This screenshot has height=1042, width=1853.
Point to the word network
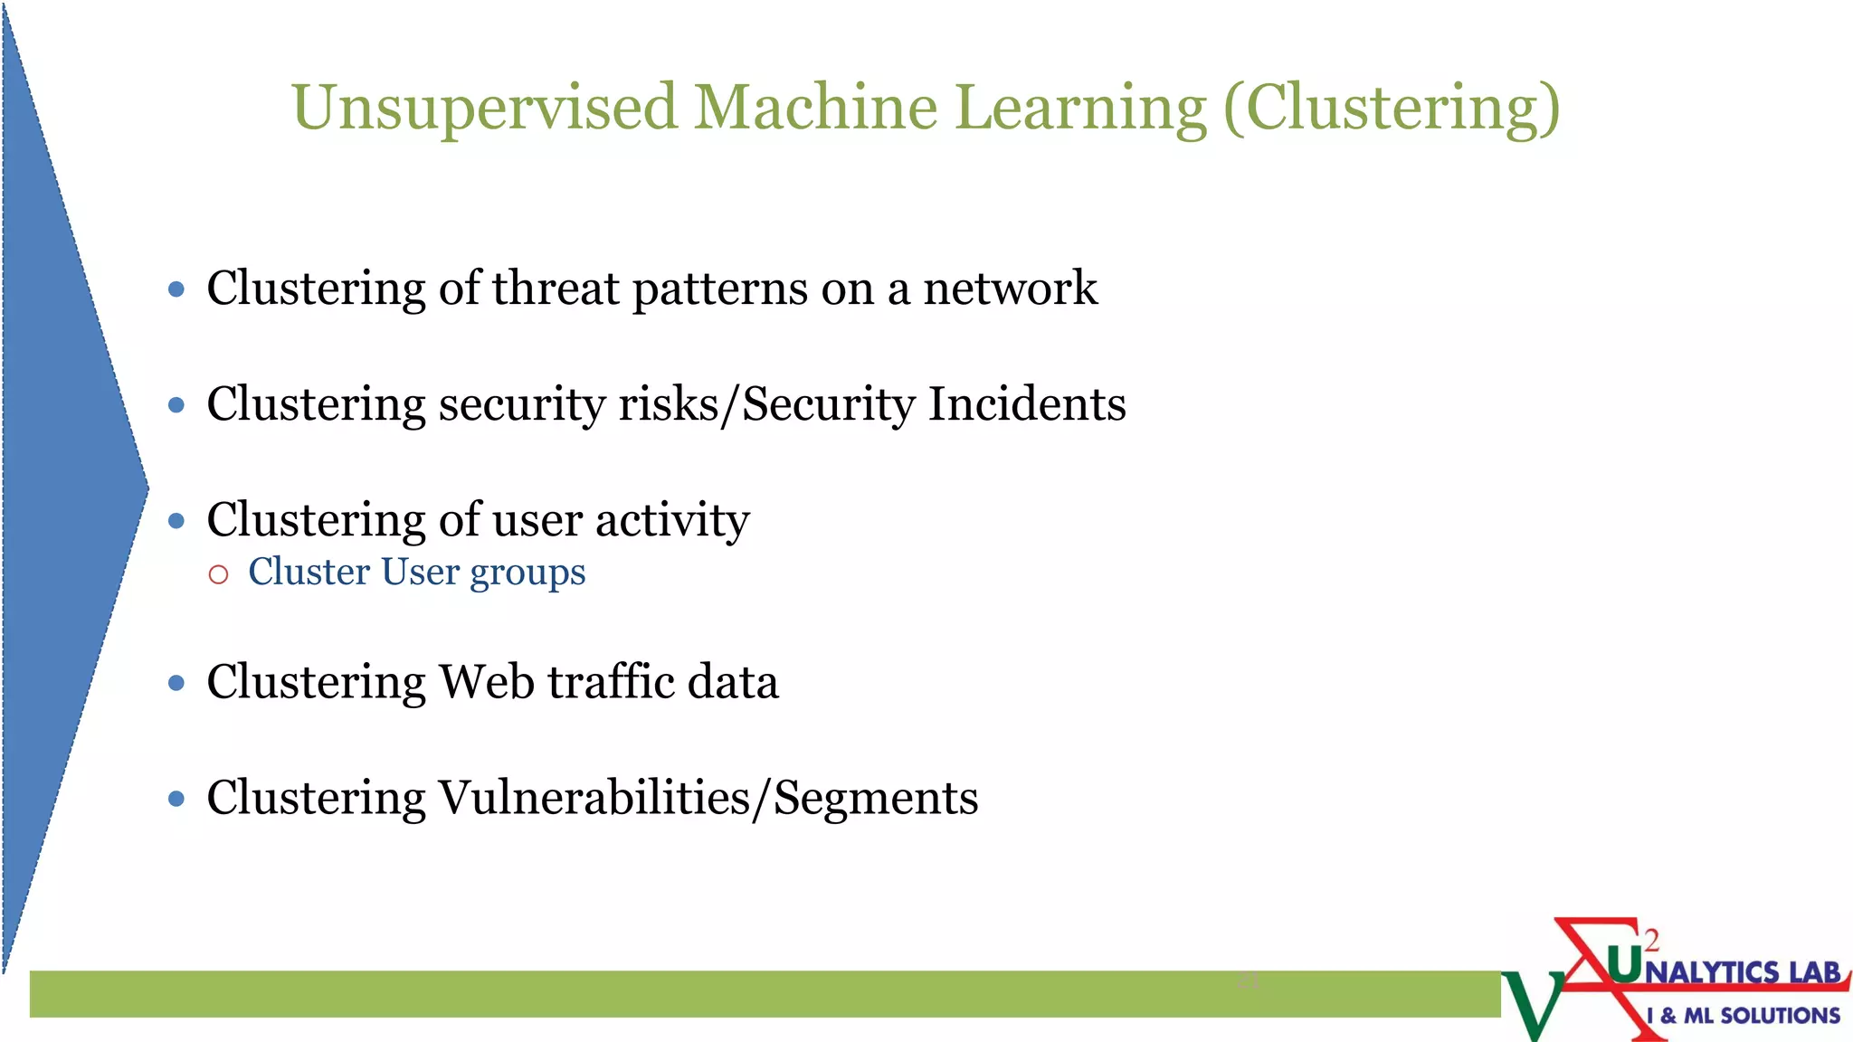(x=1010, y=289)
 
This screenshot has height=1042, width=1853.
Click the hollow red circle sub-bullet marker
(x=218, y=574)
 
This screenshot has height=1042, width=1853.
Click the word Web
(x=486, y=681)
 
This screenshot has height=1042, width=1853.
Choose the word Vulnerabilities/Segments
(x=708, y=798)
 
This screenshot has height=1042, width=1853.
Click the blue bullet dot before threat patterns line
(x=176, y=289)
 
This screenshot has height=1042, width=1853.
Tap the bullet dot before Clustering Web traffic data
(x=176, y=683)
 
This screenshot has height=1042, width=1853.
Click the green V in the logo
(x=1532, y=1004)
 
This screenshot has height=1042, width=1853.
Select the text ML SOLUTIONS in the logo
(x=1761, y=1016)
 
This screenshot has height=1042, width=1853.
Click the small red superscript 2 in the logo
(x=1652, y=941)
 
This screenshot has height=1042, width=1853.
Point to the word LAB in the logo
(x=1814, y=972)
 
